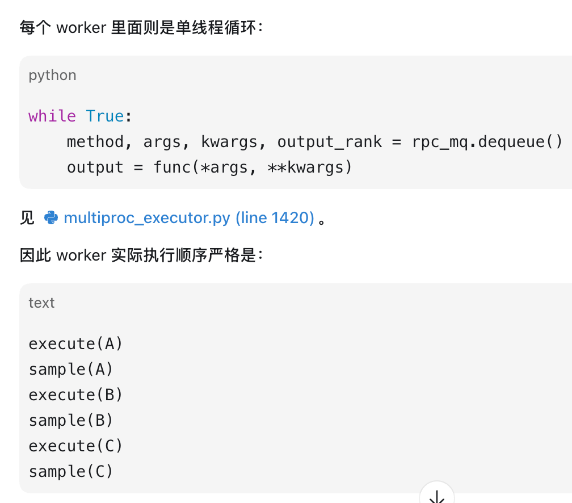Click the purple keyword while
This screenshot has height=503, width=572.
coord(52,116)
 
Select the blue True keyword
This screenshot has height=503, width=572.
coord(105,116)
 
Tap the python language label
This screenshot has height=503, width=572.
coord(53,76)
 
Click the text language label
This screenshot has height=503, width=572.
coord(41,303)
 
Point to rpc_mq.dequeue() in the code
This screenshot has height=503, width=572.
coord(487,141)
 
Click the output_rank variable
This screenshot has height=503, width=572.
coord(330,142)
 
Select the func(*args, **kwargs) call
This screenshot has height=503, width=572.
coord(253,167)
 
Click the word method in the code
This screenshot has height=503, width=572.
coord(95,141)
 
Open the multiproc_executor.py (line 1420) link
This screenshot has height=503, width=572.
coord(189,218)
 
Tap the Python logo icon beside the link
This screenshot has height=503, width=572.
coord(51,217)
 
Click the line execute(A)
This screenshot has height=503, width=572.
coord(75,344)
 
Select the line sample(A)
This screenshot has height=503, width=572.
coord(71,370)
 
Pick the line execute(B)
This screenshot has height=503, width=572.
coord(75,395)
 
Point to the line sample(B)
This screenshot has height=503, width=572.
coord(71,421)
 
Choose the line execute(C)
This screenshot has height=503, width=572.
coord(75,446)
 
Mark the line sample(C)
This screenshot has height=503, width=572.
coord(71,472)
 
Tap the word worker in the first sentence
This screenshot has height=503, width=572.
coord(81,28)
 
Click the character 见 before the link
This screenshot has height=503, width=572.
coord(27,218)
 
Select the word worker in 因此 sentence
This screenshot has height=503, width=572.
coord(81,255)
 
